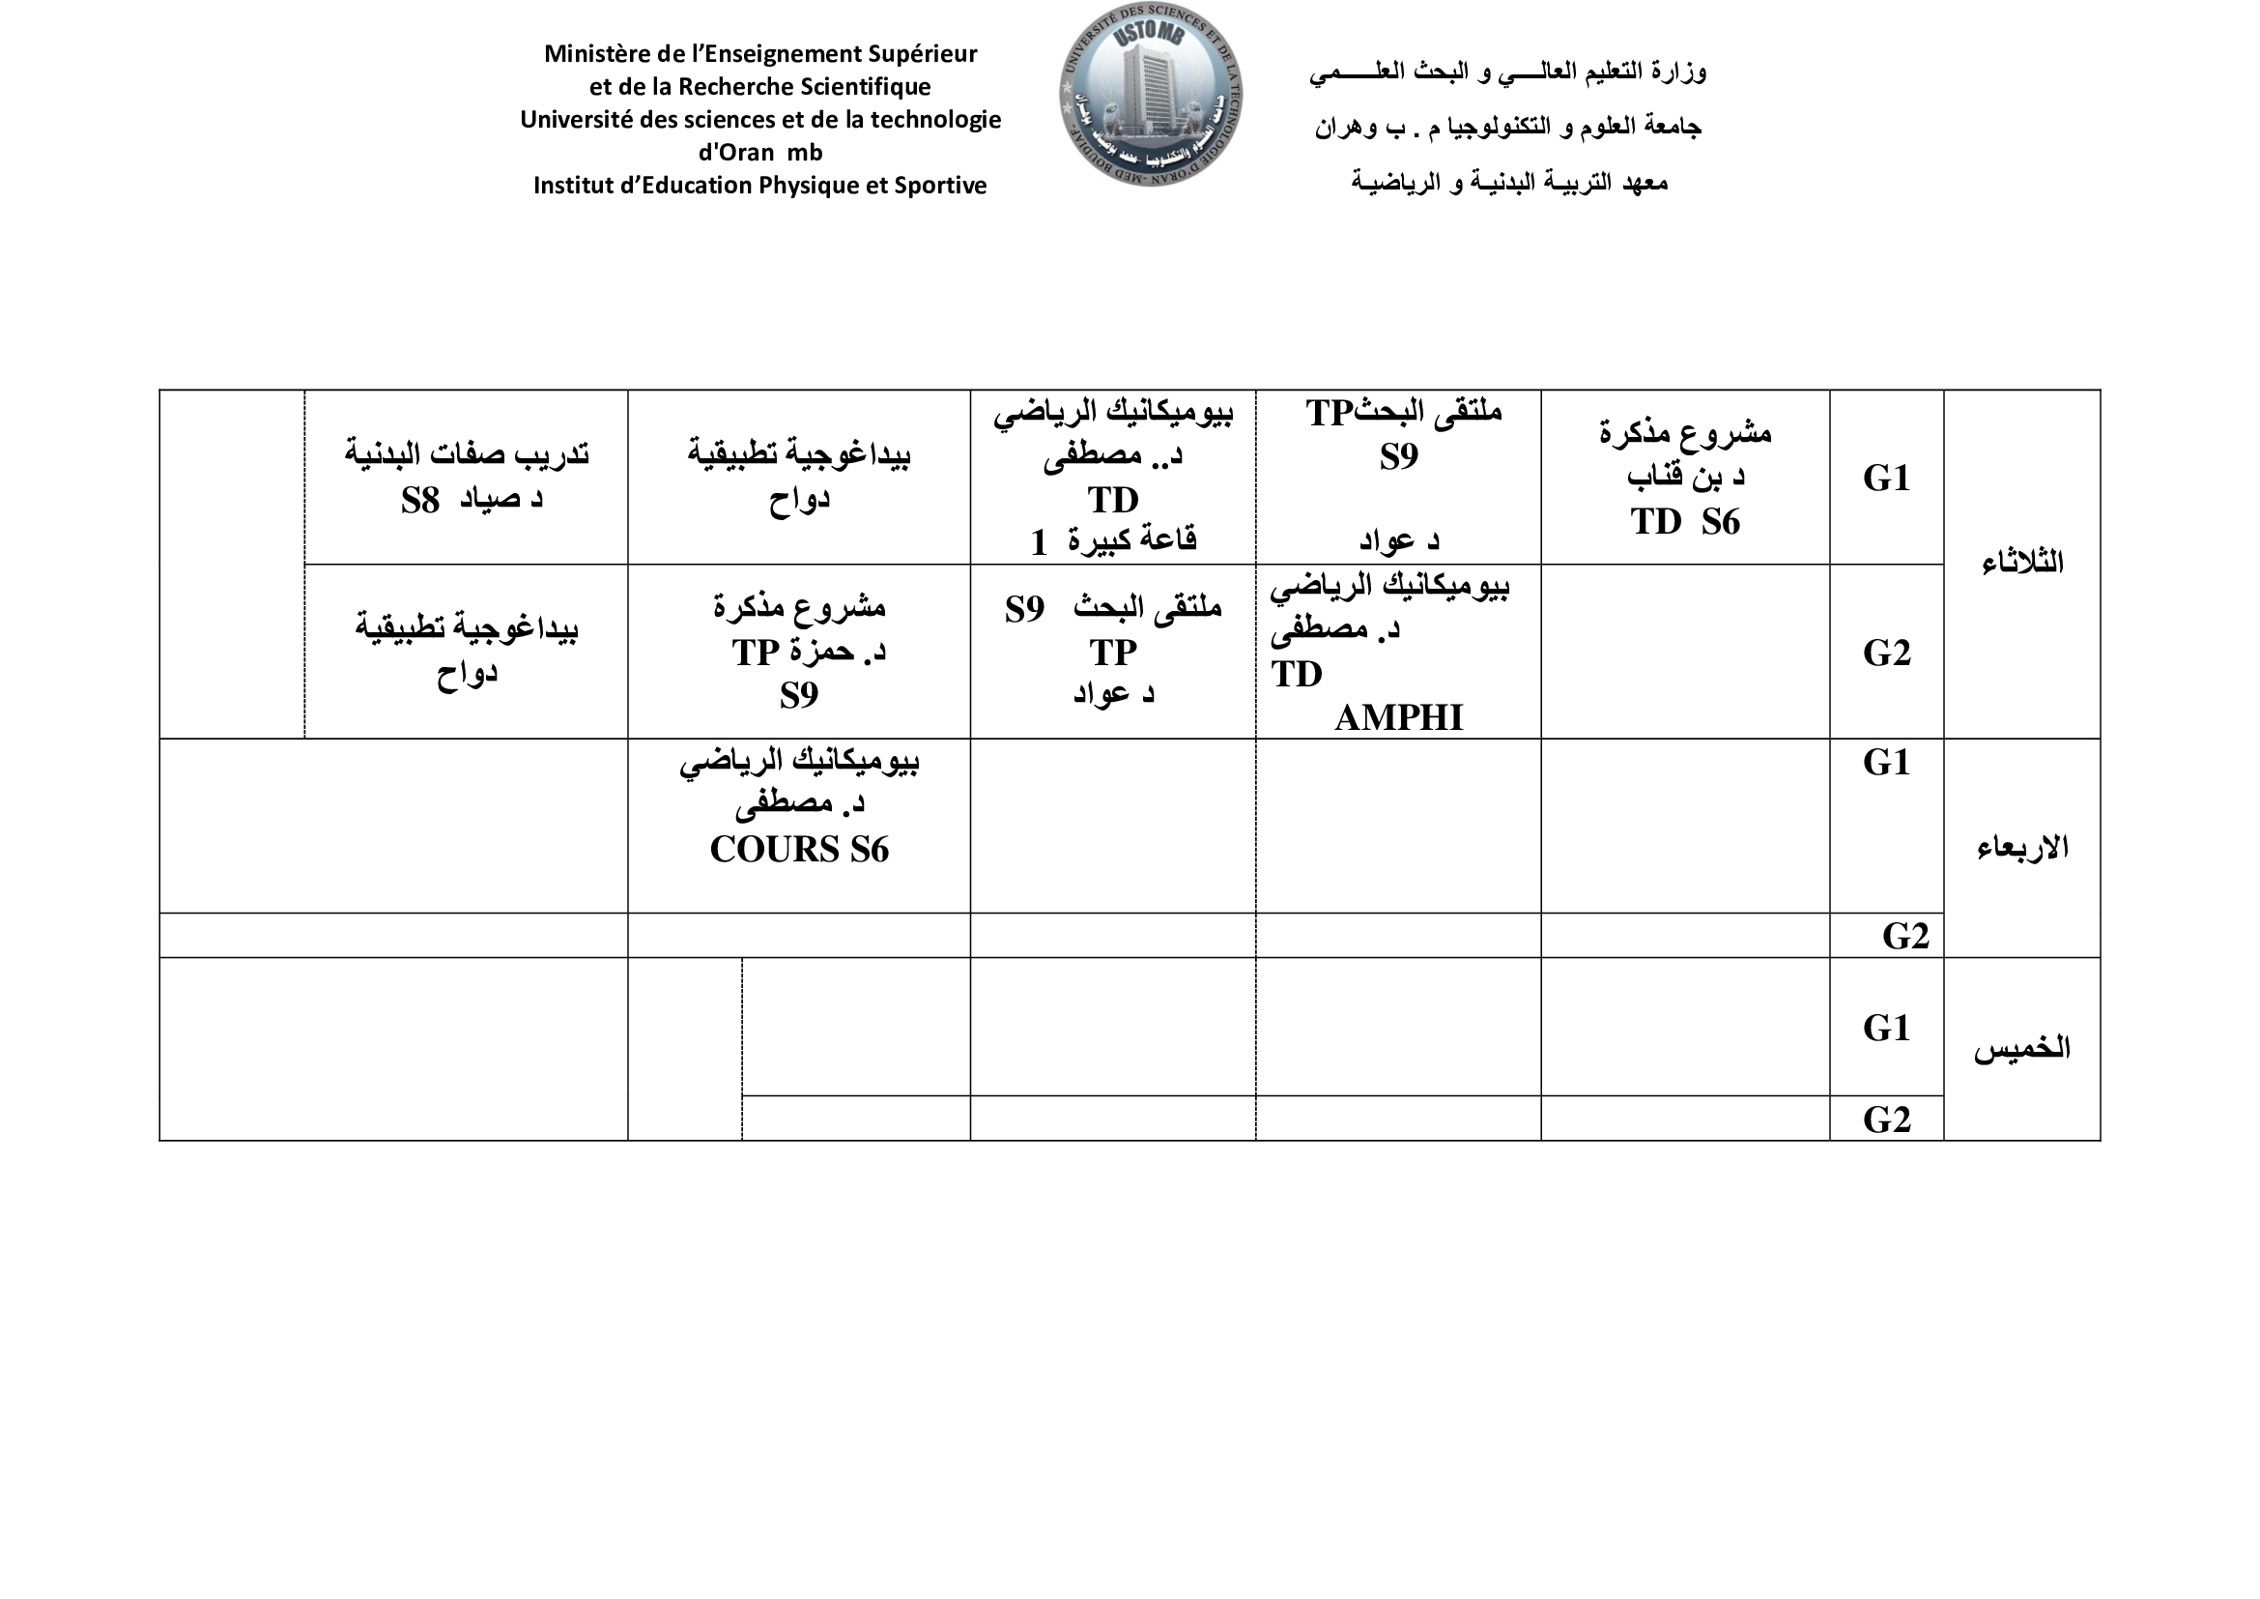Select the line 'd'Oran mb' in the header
[x=759, y=153]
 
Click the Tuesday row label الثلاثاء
[x=2021, y=564]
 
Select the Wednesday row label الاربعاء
[x=2021, y=848]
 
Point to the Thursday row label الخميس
[x=2021, y=1049]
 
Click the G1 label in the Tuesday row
[x=1886, y=479]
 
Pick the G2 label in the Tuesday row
[x=1886, y=653]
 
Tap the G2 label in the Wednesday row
[x=1904, y=936]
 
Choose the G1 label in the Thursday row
[x=1886, y=1028]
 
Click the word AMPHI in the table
[x=1398, y=717]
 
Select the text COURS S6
[x=798, y=850]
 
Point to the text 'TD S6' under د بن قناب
[x=1684, y=522]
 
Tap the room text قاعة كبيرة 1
[x=1112, y=540]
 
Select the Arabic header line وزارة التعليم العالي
[x=1507, y=72]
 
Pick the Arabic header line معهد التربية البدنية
[x=1508, y=182]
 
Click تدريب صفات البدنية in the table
[x=467, y=454]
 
